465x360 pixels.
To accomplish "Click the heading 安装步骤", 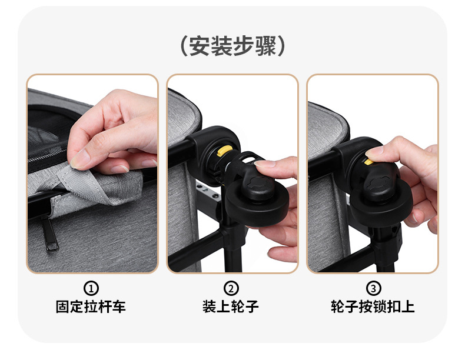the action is click(232, 46).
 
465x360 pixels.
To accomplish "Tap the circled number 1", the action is click(91, 288).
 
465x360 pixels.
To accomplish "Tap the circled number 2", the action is click(231, 288).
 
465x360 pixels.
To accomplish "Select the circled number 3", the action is click(373, 288).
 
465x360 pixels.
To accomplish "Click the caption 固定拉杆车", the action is click(91, 306).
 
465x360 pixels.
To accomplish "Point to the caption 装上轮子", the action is click(231, 306).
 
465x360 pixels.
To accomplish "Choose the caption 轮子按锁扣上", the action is click(373, 306).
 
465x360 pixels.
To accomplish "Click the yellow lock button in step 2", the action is click(223, 151).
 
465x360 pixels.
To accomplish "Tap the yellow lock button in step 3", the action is click(368, 162).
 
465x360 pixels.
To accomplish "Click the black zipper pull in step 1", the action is click(49, 234).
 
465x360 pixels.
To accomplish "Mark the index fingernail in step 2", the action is click(265, 164).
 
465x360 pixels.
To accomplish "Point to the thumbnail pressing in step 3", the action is click(374, 152).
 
